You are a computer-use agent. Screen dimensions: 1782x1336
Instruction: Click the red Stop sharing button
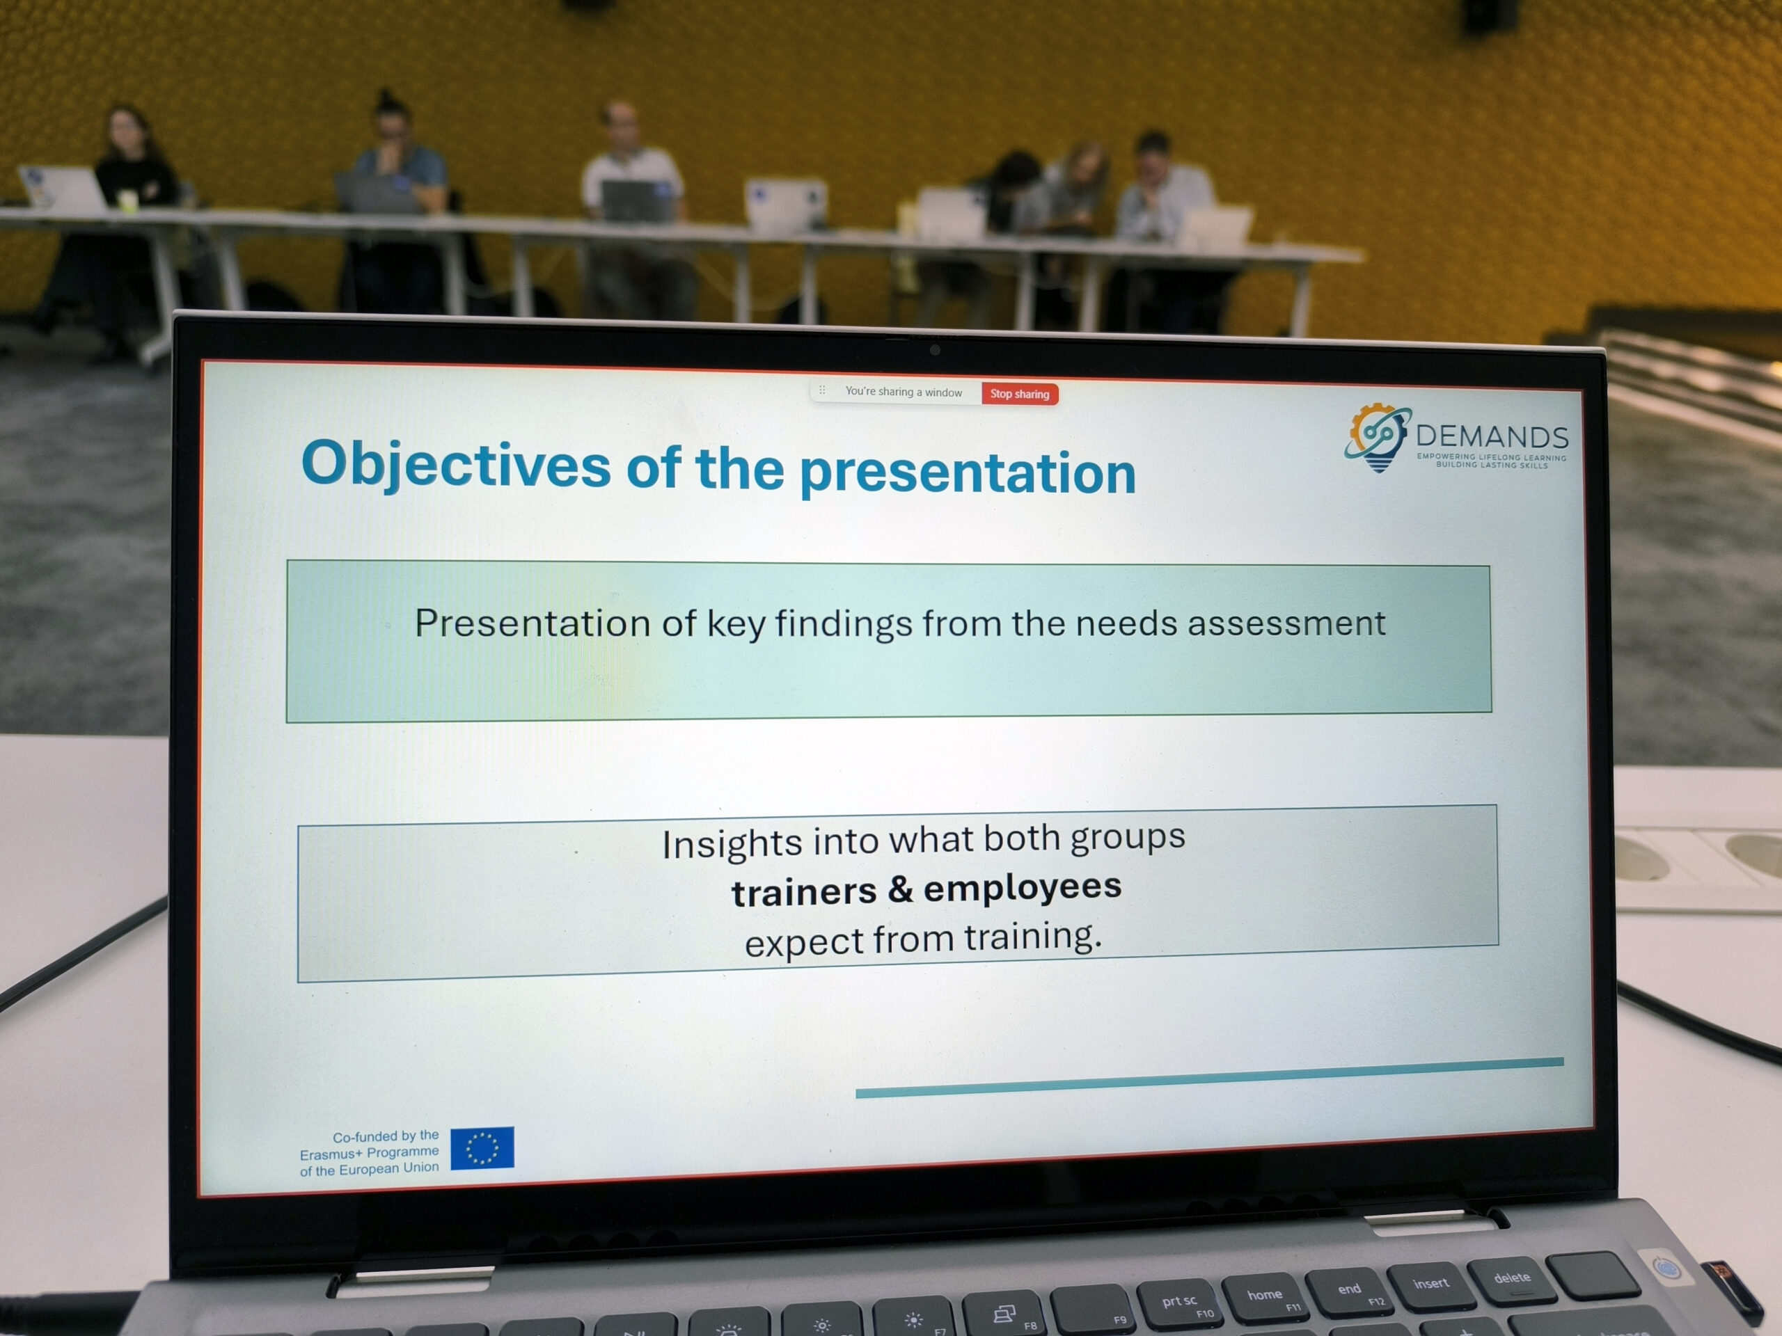pos(1019,394)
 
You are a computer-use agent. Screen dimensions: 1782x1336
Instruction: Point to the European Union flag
pos(482,1147)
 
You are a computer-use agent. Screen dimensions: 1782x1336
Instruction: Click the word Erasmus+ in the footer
pos(331,1154)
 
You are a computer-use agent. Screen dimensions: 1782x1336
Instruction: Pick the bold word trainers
pos(804,892)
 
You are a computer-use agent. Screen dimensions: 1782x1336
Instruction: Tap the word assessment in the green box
pos(1286,623)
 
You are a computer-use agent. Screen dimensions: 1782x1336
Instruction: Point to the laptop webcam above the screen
pos(934,349)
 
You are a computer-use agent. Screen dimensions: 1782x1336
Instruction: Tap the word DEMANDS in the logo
pos(1492,436)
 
